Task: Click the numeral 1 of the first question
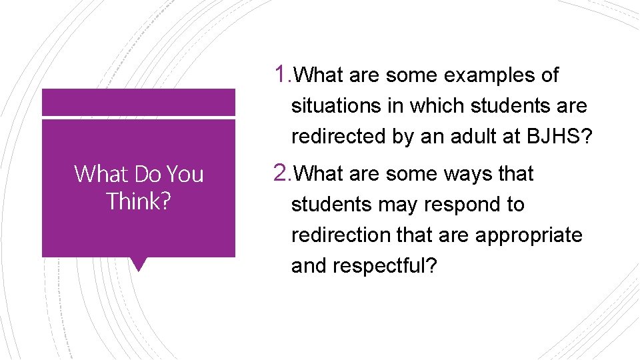click(x=281, y=75)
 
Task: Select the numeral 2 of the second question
click(x=281, y=173)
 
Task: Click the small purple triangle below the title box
click(x=139, y=265)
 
